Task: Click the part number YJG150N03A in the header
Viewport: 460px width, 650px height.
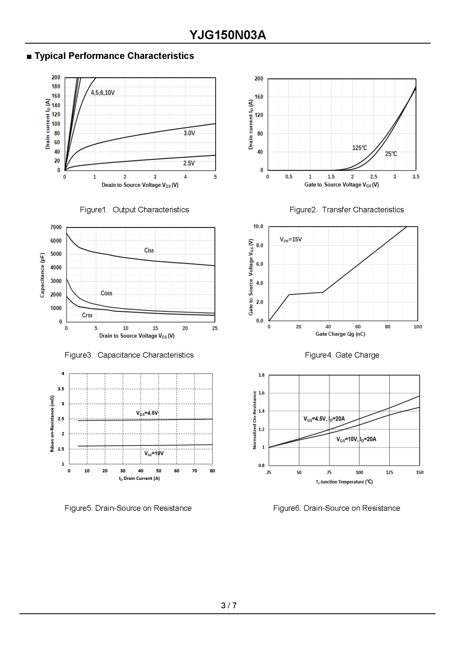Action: [228, 35]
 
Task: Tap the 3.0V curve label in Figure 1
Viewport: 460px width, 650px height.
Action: [189, 133]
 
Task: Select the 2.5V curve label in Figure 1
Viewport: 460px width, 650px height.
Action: [189, 163]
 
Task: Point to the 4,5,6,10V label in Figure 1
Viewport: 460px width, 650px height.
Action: [102, 93]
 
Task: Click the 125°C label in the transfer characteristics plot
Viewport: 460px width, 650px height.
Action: [359, 148]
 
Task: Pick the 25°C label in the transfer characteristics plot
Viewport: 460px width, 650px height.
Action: [391, 154]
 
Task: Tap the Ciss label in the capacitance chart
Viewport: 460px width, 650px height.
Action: [149, 250]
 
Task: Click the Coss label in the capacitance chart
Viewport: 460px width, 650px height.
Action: [106, 293]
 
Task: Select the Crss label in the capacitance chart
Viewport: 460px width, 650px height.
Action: [87, 315]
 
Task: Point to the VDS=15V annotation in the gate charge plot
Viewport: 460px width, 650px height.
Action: [291, 240]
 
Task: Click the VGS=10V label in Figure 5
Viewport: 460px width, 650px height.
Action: [154, 453]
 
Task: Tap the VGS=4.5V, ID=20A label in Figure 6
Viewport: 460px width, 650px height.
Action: [324, 419]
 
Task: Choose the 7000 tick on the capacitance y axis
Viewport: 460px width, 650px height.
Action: [56, 227]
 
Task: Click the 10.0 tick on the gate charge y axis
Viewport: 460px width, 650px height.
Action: [258, 226]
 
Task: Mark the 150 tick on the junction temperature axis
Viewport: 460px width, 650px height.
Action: [419, 472]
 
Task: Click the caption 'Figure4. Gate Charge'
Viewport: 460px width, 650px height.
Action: [342, 355]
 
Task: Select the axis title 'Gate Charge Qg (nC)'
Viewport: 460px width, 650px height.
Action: [340, 334]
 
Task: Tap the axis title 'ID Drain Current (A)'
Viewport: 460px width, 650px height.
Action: [139, 478]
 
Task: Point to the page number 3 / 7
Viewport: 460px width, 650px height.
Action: [229, 606]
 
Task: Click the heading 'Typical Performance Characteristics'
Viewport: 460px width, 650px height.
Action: [114, 56]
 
